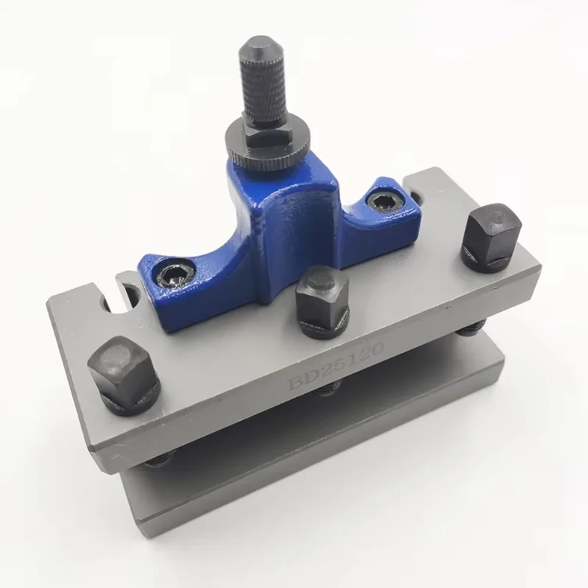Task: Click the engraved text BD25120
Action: tap(334, 368)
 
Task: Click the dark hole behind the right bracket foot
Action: tap(416, 196)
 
